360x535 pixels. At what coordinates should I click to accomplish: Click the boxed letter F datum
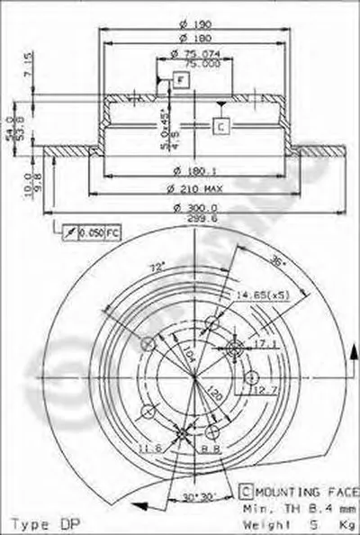pos(180,82)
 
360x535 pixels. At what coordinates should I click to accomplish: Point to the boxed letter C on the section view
pos(220,126)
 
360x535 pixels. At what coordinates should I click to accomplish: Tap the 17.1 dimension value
pos(269,343)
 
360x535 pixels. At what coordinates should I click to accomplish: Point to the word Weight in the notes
pos(261,521)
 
